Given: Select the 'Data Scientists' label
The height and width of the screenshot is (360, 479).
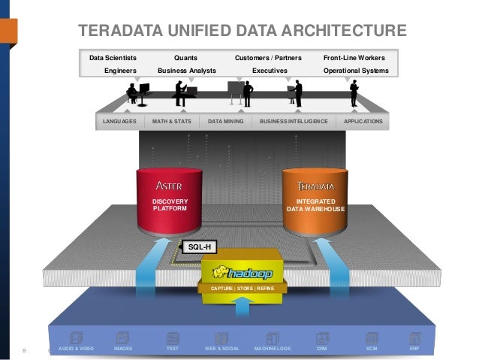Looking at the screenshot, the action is [113, 58].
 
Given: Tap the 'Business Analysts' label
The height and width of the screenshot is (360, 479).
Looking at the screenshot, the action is [187, 71].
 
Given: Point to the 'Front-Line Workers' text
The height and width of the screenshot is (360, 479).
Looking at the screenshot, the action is [354, 58].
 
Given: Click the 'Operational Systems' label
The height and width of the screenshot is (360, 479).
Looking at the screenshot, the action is [355, 71].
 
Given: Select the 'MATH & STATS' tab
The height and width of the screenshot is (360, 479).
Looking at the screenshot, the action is [172, 121].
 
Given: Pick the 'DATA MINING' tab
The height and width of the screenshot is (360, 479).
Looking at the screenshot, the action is [226, 121].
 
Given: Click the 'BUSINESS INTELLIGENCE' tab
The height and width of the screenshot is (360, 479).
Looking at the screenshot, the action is [294, 121].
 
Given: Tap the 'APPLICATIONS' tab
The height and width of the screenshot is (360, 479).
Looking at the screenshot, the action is [363, 121].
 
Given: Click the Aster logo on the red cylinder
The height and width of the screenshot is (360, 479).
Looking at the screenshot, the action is [168, 186].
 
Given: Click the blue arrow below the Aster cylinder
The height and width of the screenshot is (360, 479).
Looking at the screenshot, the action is [156, 263].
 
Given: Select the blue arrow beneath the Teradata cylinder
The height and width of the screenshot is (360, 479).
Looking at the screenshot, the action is [328, 263].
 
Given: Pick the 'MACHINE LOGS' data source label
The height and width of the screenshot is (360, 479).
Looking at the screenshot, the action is [273, 349].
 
